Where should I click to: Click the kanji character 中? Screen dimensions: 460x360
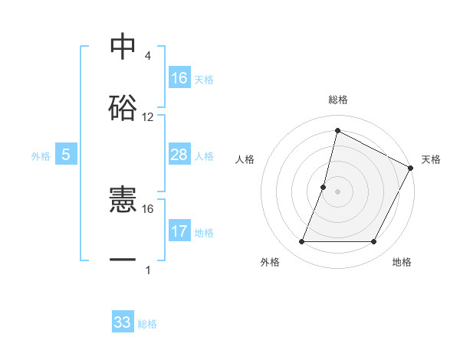[123, 47]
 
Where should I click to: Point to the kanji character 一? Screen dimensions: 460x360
[123, 260]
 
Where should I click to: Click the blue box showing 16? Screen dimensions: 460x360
[179, 78]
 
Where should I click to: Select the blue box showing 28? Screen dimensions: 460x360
[179, 155]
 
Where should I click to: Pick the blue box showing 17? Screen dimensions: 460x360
[179, 231]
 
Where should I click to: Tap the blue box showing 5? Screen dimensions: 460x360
[66, 155]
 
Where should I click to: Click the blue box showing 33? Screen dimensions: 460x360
[123, 322]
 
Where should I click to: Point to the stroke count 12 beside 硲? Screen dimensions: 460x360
[148, 117]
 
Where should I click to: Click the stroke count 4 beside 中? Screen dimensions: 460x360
[147, 56]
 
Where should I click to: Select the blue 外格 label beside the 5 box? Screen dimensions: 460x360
[41, 155]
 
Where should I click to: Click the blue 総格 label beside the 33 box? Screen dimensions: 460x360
[147, 324]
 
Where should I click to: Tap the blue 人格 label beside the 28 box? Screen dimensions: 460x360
[204, 155]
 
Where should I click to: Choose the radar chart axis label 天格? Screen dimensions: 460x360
[431, 159]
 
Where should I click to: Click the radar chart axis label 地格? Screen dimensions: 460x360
[402, 263]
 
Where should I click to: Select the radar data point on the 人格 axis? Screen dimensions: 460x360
[324, 187]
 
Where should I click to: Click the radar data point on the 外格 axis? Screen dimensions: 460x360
[301, 242]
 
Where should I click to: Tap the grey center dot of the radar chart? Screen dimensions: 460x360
[337, 191]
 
